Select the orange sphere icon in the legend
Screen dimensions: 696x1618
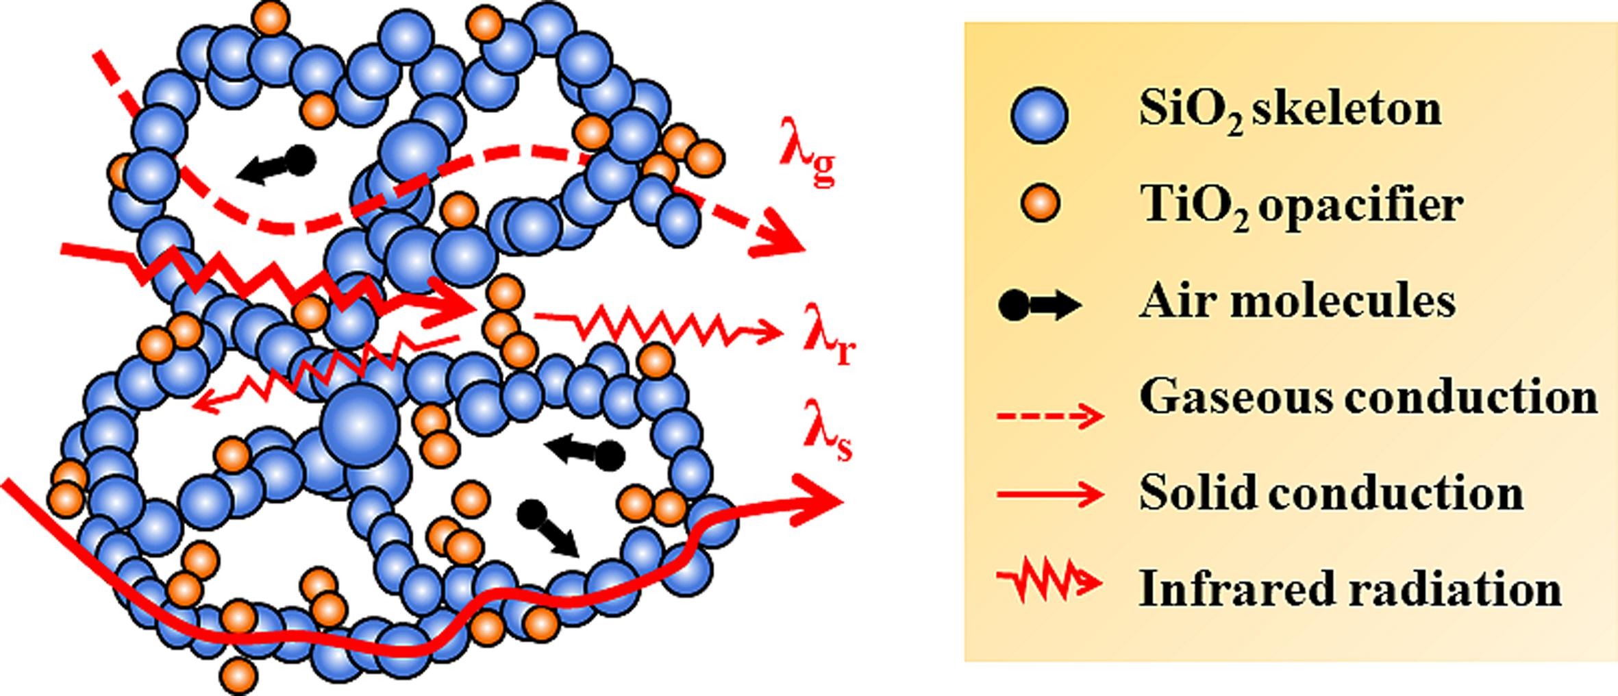(x=1039, y=204)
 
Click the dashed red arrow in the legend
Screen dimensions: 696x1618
(x=1049, y=415)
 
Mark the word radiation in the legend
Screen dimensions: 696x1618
(x=1455, y=589)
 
